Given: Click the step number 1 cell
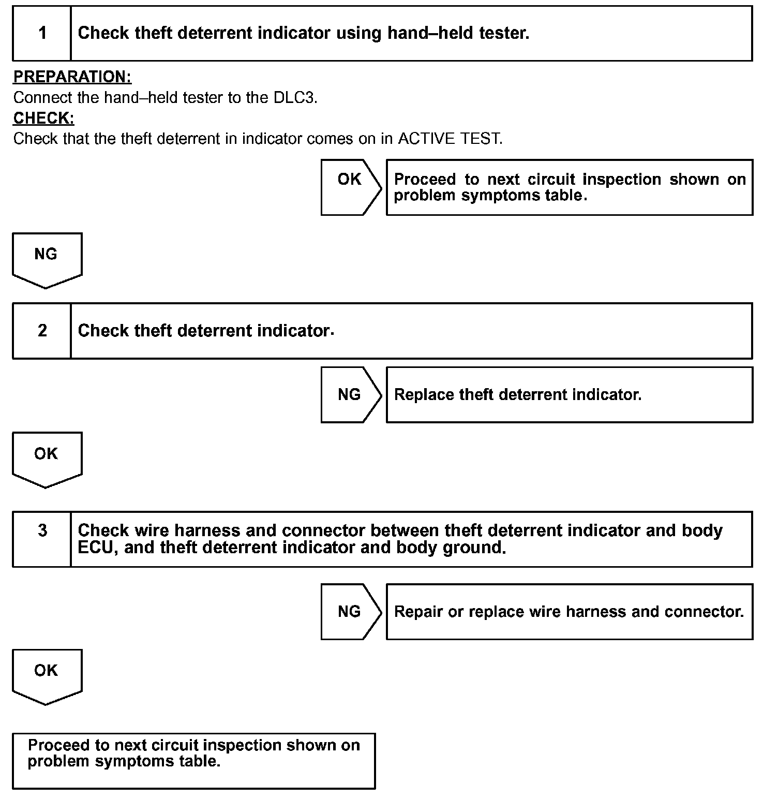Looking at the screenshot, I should point(42,34).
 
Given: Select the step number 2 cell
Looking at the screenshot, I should point(42,331).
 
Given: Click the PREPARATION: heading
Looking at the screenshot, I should point(72,77).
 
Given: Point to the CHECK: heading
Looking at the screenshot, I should point(44,118).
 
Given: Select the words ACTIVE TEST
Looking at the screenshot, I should point(450,139).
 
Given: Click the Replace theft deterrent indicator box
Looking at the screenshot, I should point(569,395).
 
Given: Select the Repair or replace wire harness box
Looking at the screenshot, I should point(569,612).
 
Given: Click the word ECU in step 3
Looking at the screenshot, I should point(95,548).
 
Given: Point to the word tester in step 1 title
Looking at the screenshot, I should point(503,34).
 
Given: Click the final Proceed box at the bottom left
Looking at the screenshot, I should point(193,760).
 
